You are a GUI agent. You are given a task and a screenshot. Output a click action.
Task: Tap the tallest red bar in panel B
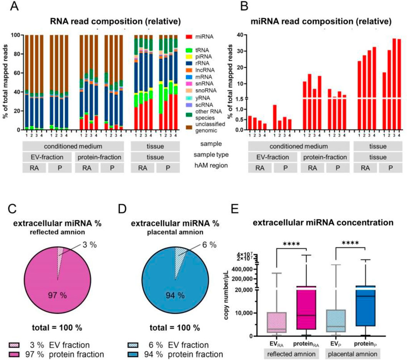pos(394,84)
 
